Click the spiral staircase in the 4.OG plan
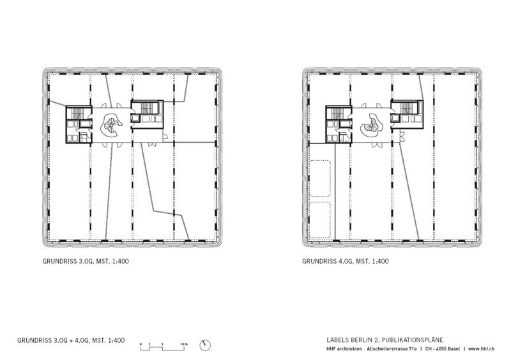[372, 124]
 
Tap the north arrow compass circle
[205, 345]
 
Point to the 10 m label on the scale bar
[184, 344]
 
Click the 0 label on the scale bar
[141, 344]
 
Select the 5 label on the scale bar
[162, 344]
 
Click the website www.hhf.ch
[482, 349]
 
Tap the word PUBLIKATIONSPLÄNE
[413, 340]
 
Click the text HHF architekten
[344, 349]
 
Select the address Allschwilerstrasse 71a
[392, 349]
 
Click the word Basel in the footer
[454, 349]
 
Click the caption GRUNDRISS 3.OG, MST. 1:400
[86, 261]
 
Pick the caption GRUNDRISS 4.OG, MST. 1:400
[346, 261]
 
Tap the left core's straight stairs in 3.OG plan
[78, 113]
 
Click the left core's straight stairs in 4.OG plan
[339, 113]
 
